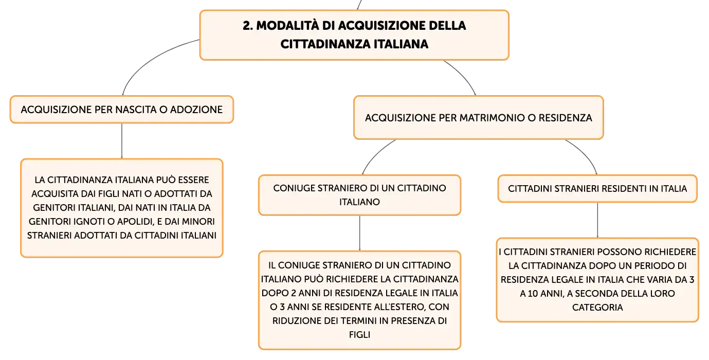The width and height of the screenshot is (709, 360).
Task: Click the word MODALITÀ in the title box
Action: [x=287, y=26]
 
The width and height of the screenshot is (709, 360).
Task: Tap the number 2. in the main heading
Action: [x=248, y=26]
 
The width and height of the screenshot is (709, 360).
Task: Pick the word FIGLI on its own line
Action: [x=359, y=335]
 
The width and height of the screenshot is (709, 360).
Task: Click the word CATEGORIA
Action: [x=597, y=308]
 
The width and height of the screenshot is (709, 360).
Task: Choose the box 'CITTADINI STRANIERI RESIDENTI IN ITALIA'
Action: [x=597, y=189]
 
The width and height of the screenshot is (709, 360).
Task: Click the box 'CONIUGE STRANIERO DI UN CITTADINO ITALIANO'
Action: [x=359, y=195]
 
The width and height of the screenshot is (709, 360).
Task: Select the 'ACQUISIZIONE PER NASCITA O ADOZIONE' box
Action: [x=122, y=110]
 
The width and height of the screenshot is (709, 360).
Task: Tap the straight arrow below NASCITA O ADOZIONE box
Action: [x=122, y=141]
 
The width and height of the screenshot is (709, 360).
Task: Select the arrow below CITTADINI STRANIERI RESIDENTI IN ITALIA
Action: [x=597, y=220]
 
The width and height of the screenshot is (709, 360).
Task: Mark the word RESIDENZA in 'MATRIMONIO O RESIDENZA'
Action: [x=566, y=118]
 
